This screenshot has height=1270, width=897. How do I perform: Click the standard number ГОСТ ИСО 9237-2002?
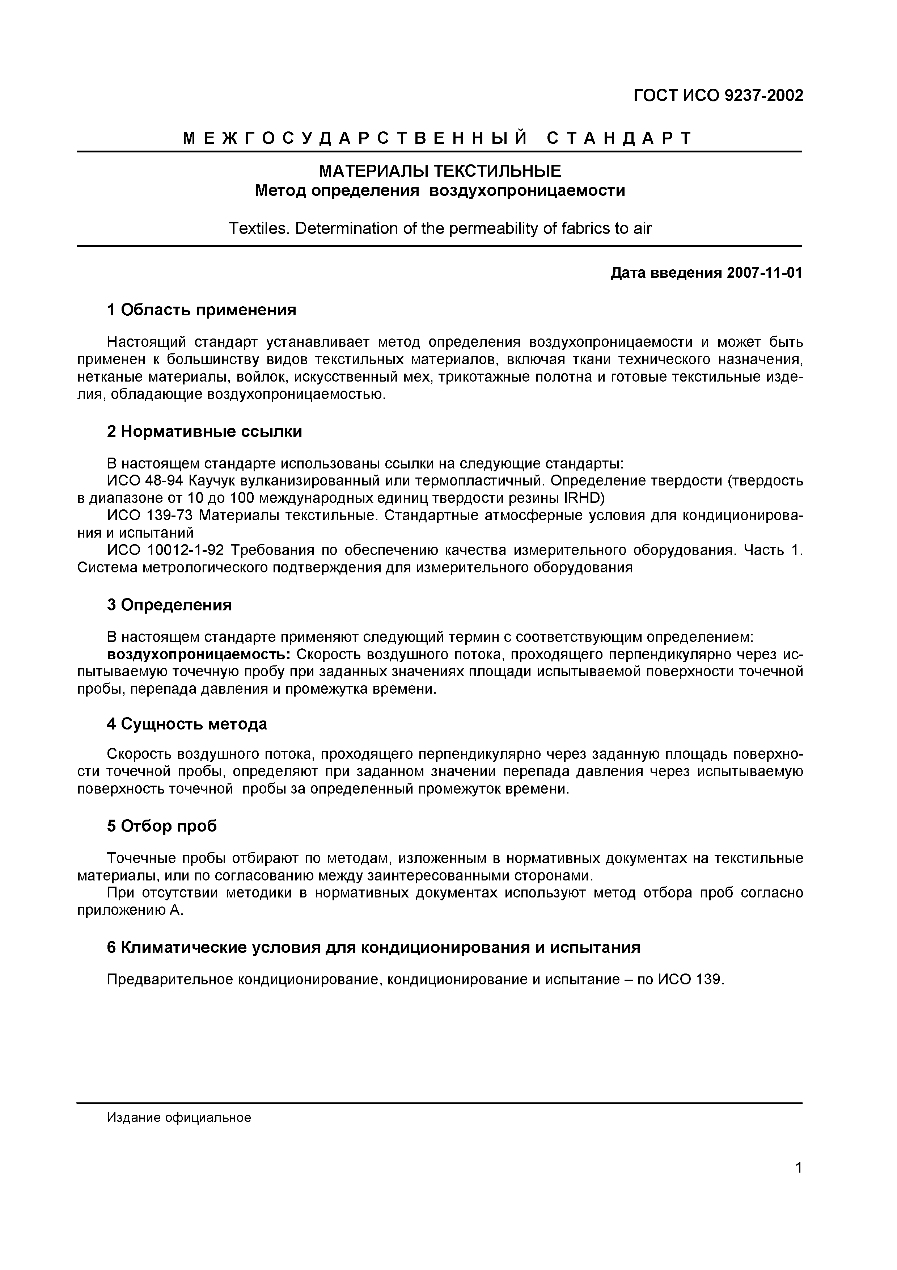[718, 96]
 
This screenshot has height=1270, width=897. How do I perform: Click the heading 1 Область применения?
[202, 310]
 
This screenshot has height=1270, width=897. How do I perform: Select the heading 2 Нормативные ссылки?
[204, 432]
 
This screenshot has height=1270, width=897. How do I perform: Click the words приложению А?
[130, 911]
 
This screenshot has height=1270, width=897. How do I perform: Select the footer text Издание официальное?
[179, 1118]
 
